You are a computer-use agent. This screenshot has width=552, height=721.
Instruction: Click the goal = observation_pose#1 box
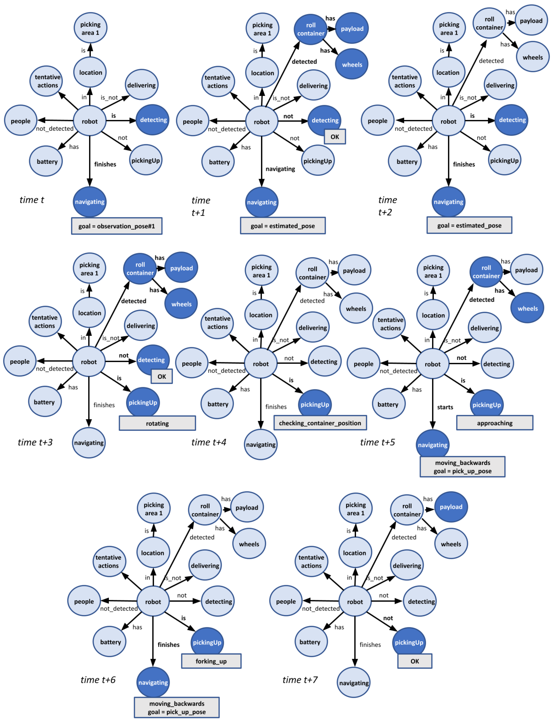117,226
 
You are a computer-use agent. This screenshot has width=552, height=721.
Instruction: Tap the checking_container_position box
320,423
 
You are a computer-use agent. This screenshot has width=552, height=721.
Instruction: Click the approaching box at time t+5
495,423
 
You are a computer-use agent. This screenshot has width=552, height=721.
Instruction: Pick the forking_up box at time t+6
211,661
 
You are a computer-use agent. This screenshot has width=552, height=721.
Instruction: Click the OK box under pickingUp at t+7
415,661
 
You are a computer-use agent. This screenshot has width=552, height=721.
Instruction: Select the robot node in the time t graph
89,121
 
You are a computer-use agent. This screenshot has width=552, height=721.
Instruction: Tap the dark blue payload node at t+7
451,507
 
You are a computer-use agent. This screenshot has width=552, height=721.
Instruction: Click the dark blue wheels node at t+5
527,308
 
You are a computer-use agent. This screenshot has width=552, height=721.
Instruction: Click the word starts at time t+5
445,407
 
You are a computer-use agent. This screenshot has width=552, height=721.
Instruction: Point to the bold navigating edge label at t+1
280,169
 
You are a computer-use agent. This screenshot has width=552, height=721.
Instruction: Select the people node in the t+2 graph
377,121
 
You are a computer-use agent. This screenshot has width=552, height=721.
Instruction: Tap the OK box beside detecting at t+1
335,137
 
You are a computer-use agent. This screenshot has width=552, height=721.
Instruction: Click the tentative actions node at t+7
311,562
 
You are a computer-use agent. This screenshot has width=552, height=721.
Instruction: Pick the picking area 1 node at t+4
261,271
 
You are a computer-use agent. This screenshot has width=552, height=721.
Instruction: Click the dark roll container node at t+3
140,269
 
